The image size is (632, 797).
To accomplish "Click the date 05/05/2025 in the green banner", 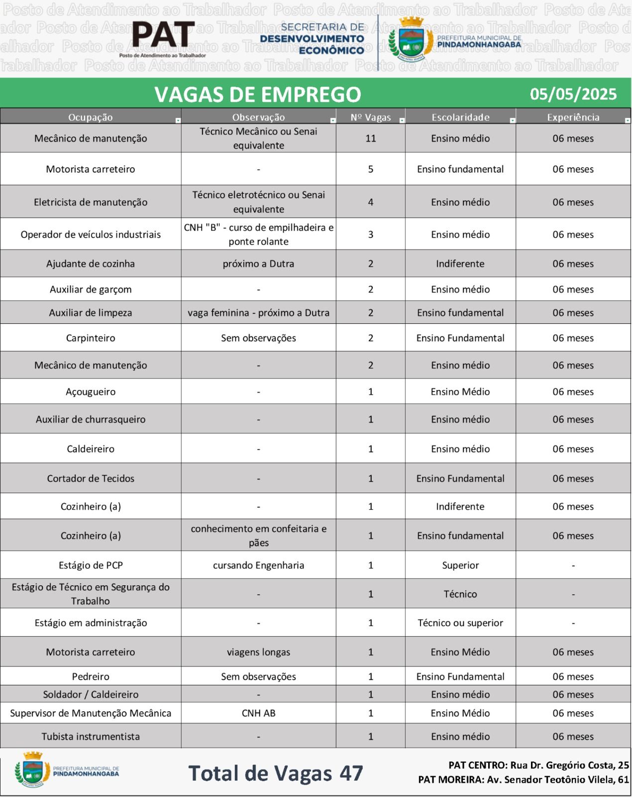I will coord(573,94).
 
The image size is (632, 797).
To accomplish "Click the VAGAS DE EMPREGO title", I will coord(257,95).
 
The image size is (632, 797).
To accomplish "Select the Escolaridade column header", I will coord(460,118).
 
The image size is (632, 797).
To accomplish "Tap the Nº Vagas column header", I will coord(370,118).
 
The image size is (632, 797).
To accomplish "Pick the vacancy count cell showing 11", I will coord(371,138).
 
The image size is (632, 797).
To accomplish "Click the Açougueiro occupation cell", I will coord(91,392).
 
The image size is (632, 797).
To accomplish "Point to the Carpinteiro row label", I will coord(91,338).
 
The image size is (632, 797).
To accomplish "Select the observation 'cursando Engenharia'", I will coord(258,565).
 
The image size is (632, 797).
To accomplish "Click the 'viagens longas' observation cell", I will coord(258,652).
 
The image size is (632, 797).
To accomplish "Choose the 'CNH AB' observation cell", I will coord(258,713).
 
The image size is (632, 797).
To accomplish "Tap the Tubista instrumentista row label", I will coord(91,737).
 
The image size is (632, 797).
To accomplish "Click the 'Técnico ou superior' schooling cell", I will coord(460,623).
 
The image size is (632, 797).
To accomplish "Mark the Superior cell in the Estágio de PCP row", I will coord(460,565).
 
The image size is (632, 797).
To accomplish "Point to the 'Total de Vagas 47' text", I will coord(276,774).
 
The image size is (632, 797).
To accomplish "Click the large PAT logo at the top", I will coord(163,36).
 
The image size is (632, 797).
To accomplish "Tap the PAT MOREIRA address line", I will coord(524,780).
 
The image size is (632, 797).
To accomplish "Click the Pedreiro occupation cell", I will coord(91,676).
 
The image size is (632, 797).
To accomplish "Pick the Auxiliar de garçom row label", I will coord(91,289).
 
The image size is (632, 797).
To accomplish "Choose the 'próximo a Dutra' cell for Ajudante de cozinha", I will coord(258,264).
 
